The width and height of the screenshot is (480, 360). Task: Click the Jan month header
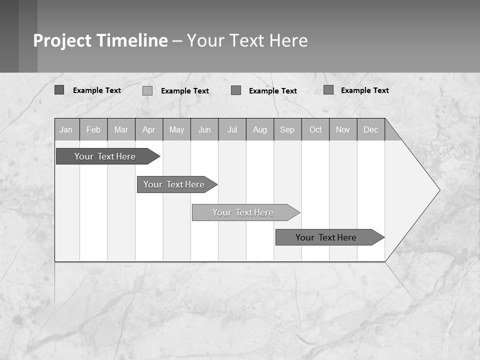(x=66, y=129)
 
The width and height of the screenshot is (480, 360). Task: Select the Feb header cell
(x=93, y=129)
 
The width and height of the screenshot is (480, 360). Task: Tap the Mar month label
(x=121, y=129)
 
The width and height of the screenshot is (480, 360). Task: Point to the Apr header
(x=149, y=129)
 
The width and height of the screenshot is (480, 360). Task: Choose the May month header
(x=176, y=129)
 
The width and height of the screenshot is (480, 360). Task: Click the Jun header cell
(x=204, y=129)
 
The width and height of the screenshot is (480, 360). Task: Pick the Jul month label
(x=232, y=129)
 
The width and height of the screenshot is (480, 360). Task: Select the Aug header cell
(x=260, y=129)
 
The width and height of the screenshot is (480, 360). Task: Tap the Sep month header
(x=287, y=129)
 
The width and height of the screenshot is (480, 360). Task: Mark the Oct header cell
(x=315, y=129)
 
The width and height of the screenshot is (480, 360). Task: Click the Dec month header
(x=371, y=129)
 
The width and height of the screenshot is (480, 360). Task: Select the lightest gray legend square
(x=147, y=90)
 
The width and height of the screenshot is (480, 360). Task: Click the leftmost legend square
(x=59, y=90)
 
